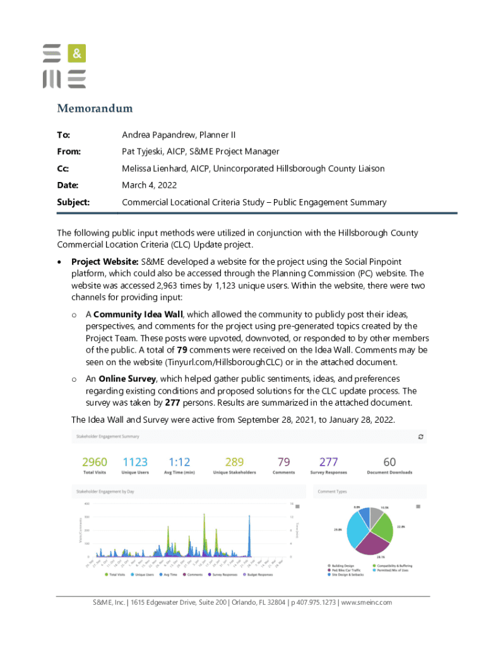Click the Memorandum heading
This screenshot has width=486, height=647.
click(95, 108)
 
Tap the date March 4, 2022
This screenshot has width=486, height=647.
click(149, 185)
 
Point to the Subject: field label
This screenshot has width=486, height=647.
click(73, 202)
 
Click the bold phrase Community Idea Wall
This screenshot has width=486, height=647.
click(138, 314)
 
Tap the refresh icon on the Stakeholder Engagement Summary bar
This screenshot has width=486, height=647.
click(421, 436)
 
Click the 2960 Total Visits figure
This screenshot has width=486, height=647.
click(95, 463)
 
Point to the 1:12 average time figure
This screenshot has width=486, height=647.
click(179, 463)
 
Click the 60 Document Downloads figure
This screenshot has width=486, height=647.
click(389, 463)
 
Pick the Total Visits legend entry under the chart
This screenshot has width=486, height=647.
click(116, 574)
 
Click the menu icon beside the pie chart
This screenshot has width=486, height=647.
click(417, 507)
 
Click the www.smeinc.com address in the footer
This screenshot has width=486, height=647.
click(366, 602)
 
